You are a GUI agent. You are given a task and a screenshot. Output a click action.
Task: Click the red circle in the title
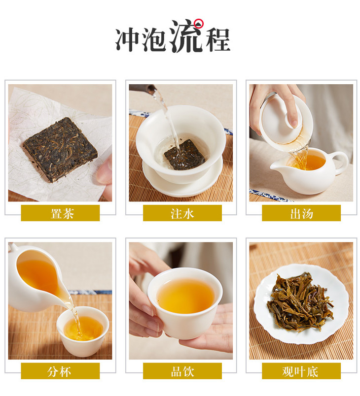point(199,24)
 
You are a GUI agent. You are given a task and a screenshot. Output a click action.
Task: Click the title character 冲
point(128,39)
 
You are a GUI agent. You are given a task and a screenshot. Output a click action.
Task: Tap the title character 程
point(217,39)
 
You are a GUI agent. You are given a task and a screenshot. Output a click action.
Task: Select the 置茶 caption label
point(60,213)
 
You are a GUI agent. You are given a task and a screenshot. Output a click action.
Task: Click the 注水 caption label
point(182,213)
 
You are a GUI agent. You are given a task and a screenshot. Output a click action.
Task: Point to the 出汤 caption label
point(301,213)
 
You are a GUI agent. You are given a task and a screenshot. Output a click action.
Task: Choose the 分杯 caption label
point(60,371)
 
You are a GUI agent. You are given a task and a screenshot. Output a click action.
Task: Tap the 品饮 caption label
point(182,371)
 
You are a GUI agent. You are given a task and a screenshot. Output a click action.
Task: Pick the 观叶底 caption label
point(301,371)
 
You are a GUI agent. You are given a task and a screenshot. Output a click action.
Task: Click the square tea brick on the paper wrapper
point(60,149)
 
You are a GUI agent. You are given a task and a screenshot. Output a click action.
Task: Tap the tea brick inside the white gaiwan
point(184,154)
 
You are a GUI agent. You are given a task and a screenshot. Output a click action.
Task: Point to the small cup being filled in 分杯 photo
point(83,331)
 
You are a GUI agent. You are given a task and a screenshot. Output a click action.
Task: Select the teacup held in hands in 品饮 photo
point(185,303)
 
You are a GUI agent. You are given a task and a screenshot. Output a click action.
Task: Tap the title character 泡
point(154,39)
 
